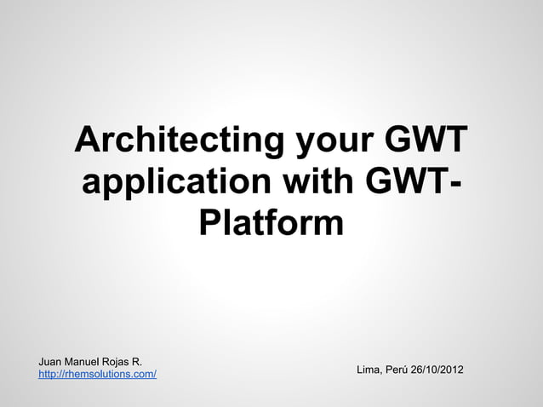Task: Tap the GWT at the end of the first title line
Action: tap(426, 140)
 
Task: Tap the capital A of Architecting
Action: tap(89, 140)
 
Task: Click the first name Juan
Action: tap(51, 362)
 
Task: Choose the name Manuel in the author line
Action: tap(86, 362)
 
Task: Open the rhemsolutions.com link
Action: tap(97, 375)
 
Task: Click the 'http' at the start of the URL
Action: tap(49, 375)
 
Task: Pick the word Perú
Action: tap(397, 370)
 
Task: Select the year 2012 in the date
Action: tap(451, 370)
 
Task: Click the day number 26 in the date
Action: tap(418, 370)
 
